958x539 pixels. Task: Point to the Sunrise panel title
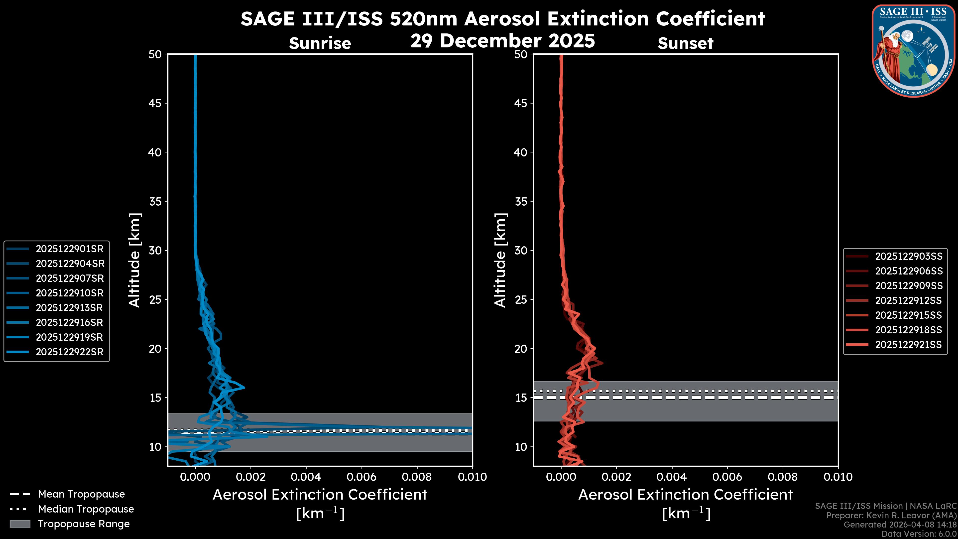click(320, 43)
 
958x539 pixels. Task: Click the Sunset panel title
click(685, 43)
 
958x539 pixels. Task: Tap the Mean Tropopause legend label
click(81, 494)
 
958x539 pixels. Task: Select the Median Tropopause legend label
click(86, 509)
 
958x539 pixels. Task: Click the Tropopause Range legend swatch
click(20, 524)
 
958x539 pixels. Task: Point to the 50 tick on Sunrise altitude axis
click(155, 54)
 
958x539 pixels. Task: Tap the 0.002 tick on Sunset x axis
click(616, 477)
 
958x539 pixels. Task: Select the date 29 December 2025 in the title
click(502, 41)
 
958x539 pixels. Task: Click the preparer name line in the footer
click(891, 516)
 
